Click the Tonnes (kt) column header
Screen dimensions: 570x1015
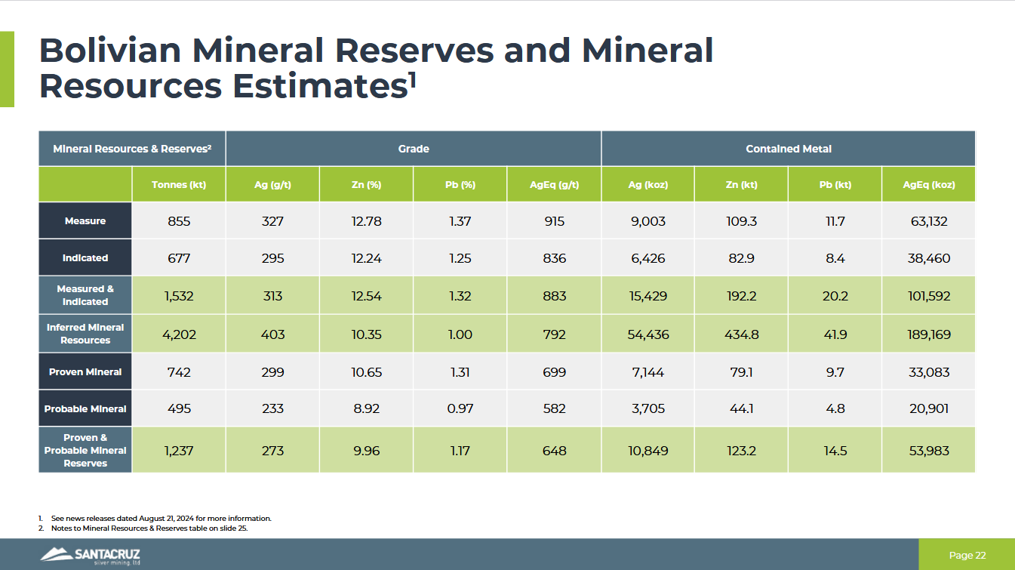[x=179, y=185]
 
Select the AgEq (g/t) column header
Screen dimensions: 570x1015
[x=554, y=185]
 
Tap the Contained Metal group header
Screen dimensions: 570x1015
[x=788, y=149]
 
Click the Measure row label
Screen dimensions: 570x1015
[x=85, y=221]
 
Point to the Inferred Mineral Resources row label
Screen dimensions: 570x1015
[x=85, y=334]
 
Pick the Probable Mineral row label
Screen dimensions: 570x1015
[x=85, y=408]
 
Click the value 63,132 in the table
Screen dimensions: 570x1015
[x=928, y=221]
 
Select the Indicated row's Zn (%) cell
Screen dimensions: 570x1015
[x=366, y=258]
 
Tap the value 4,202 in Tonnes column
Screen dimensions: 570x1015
[x=179, y=334]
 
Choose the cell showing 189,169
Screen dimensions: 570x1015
[x=928, y=334]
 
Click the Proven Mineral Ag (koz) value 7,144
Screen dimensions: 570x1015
[x=647, y=372]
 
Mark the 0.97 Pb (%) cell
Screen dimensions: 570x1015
[x=460, y=408]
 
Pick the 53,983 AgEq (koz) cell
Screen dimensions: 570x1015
[x=928, y=451]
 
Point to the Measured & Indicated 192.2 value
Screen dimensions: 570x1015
[x=741, y=296]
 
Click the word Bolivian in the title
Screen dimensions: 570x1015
[x=109, y=51]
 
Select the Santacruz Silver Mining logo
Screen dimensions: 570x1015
[x=91, y=556]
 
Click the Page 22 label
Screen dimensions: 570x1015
[x=967, y=556]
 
